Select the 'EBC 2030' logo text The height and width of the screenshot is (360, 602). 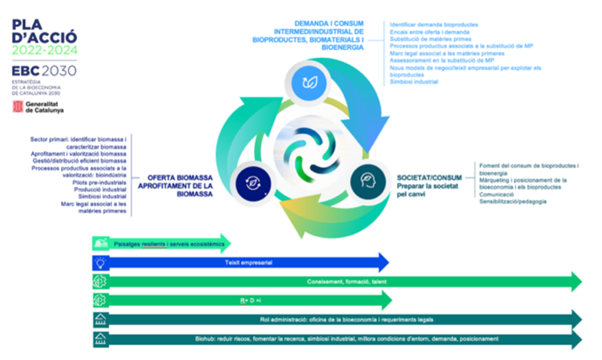[x=44, y=71]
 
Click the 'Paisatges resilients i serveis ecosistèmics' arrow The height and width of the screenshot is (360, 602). [x=161, y=244]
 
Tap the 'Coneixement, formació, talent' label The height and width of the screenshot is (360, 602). [x=347, y=281]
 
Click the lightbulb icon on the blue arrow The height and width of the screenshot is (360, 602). [x=99, y=262]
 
